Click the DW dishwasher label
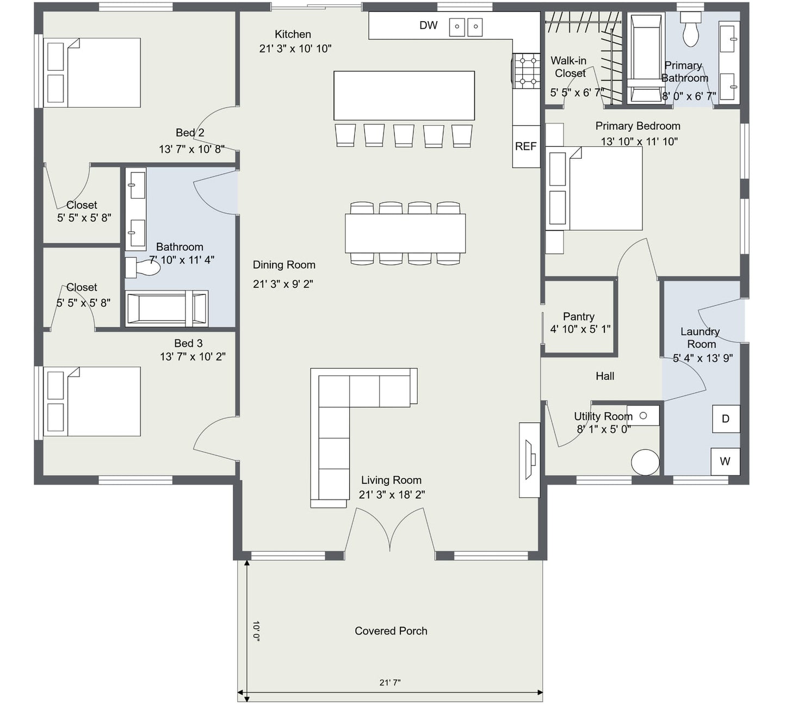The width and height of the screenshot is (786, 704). tap(428, 26)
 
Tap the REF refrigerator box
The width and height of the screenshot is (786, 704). tap(526, 146)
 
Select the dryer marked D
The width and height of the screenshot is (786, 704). tap(726, 419)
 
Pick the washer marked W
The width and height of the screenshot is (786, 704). tap(725, 461)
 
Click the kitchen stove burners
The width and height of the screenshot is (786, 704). tap(528, 71)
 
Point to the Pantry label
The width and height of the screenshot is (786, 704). tap(578, 317)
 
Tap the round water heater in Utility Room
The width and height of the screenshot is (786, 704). tap(645, 462)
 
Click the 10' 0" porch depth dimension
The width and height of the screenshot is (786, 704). tap(256, 631)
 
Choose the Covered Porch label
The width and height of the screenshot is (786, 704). tap(391, 631)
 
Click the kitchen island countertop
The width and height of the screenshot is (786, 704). tap(404, 95)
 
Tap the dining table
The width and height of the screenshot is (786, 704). tap(405, 233)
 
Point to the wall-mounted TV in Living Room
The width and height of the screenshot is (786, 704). tap(530, 460)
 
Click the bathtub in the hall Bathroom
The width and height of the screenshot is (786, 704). tap(166, 308)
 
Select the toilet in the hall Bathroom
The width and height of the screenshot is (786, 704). tap(143, 268)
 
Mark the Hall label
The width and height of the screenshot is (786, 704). tap(605, 376)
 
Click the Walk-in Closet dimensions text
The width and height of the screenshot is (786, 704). tap(577, 92)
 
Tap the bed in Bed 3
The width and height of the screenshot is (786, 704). tap(92, 402)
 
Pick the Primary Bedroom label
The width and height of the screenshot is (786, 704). tap(638, 126)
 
